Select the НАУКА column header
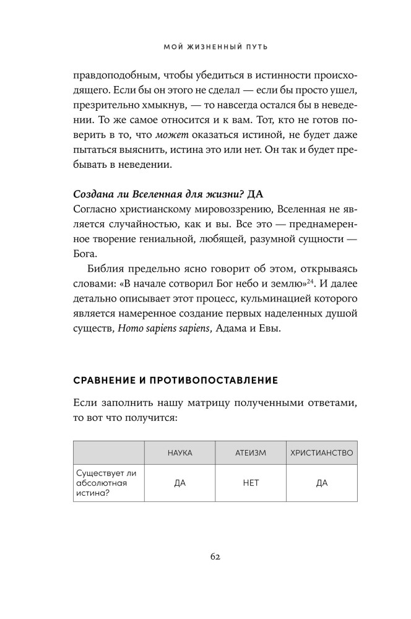pos(180,452)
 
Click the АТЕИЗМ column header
pos(250,452)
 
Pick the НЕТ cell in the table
pos(250,483)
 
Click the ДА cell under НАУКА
pos(180,483)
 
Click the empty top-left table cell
pos(109,452)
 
